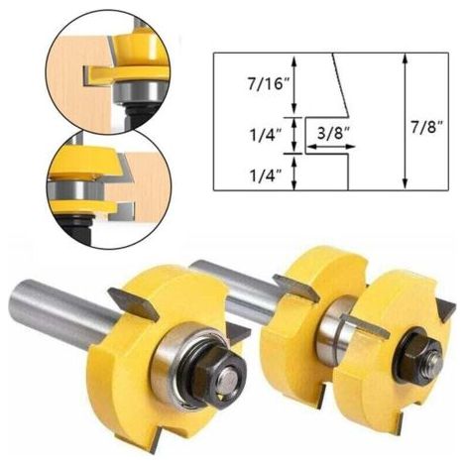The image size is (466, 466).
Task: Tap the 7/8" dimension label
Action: [x=427, y=127]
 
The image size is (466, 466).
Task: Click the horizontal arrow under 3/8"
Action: [x=330, y=147]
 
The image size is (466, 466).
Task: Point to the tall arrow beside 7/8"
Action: [x=406, y=122]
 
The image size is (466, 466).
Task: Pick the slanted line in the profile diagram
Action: [x=340, y=85]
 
